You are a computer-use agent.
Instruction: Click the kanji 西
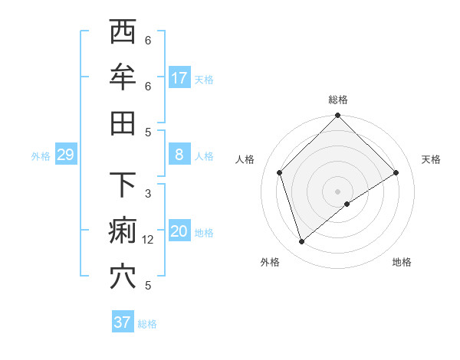tap(123, 32)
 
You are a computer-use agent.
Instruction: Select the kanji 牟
tap(123, 77)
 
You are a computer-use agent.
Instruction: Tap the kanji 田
tap(123, 123)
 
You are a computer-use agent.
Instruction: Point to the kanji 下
tap(123, 185)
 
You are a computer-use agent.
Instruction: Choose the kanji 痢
tap(123, 231)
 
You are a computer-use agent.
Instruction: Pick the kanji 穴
tap(123, 276)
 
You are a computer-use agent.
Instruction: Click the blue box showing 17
tap(179, 78)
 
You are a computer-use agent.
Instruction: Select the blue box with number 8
tap(179, 155)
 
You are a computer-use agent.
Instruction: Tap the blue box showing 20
tap(179, 232)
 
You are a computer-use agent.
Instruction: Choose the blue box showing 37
tap(122, 322)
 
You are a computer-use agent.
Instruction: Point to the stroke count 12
tap(148, 240)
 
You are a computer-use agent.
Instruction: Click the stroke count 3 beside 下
tap(148, 194)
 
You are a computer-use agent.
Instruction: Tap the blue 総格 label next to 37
tap(147, 324)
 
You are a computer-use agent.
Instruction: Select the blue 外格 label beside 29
tap(41, 156)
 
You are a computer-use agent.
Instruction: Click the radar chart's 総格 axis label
tap(338, 100)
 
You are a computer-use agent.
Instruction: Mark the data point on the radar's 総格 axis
tap(338, 116)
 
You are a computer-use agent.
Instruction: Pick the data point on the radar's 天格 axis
tap(396, 172)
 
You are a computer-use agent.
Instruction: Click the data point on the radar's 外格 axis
tap(302, 242)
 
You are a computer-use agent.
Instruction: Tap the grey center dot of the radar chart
tap(338, 191)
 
